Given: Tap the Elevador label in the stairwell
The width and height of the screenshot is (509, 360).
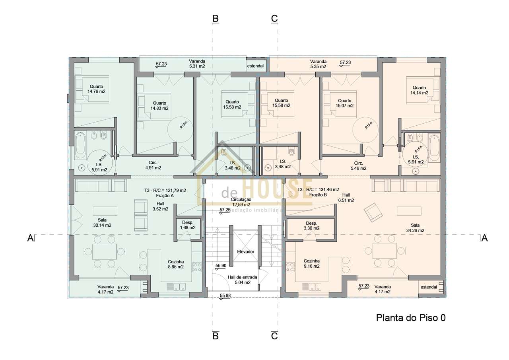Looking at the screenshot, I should pos(245,252).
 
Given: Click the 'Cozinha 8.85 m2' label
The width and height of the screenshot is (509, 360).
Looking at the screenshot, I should pos(175,264).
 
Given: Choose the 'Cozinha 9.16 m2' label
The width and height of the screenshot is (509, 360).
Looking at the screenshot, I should pos(312,264).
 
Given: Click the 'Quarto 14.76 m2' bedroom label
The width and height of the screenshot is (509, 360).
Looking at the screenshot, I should pos(96,89).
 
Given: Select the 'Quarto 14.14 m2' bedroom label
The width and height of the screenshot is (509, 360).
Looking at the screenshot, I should pos(419,90).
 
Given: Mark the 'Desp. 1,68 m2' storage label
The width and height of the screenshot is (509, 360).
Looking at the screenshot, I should pos(187,225).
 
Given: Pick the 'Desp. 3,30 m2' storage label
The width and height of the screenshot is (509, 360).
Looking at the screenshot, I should pos(311,226).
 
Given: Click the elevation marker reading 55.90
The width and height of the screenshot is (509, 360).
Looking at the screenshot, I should pos(221,265).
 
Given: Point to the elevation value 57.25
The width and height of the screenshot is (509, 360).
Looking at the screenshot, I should pos(225,210).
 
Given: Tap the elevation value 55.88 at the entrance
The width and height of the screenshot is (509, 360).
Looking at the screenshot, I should pos(225,296).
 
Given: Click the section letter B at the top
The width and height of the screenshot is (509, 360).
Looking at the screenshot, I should pos(216,18).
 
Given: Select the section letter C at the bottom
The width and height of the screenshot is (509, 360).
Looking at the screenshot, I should pos(274,336).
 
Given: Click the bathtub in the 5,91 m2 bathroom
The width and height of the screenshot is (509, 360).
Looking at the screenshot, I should pos(81,145).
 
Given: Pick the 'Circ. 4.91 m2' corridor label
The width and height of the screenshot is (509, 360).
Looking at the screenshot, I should pos(153,165).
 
